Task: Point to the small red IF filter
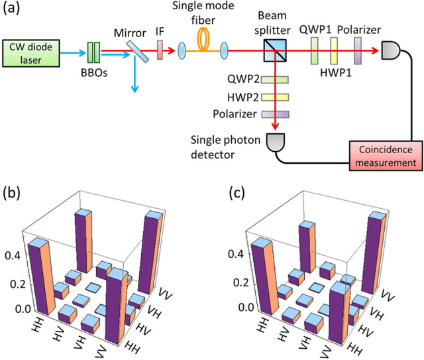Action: pos(160,50)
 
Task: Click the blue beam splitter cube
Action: pos(272,50)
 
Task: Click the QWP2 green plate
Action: pos(272,80)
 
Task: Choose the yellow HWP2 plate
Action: pos(272,97)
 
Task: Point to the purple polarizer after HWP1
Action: pos(357,50)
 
